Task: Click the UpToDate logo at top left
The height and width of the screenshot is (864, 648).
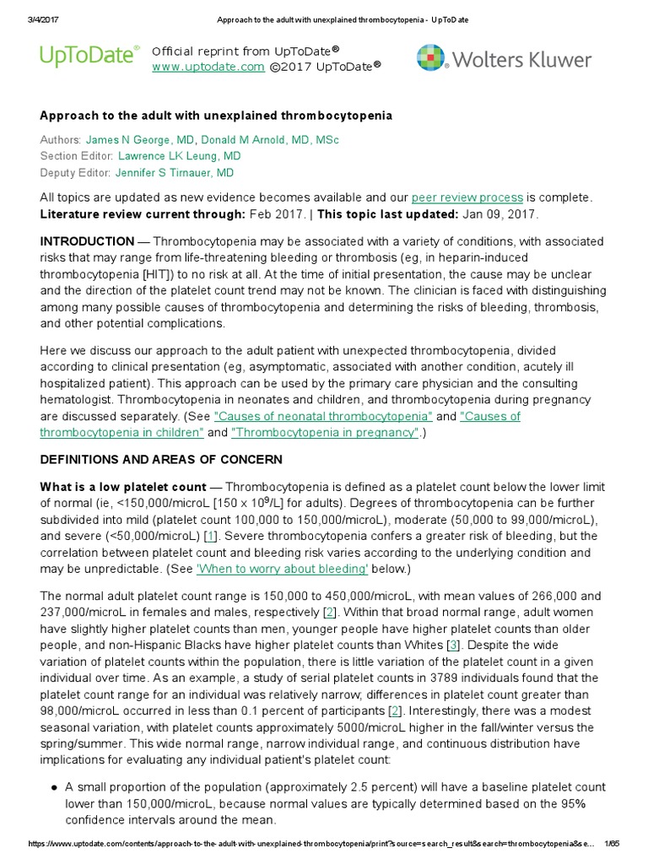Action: point(89,57)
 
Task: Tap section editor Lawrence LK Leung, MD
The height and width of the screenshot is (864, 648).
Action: point(179,156)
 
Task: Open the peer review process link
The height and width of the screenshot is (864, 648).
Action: point(467,197)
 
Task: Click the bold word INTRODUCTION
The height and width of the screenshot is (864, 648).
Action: point(87,241)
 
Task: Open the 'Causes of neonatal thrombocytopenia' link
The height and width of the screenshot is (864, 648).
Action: point(324,416)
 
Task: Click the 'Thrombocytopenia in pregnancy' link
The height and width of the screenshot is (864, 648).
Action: point(325,433)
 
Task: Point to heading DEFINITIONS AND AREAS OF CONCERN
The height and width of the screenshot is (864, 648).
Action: point(161,460)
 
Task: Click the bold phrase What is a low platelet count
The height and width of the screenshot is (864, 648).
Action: point(123,487)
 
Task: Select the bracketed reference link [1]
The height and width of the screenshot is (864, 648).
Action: point(211,536)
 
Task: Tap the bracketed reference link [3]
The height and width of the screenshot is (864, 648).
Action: point(454,622)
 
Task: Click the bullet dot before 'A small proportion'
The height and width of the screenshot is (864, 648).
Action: point(54,787)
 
